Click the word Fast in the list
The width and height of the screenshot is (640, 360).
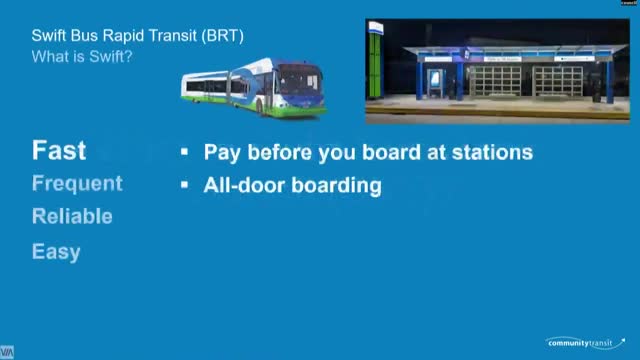tap(59, 151)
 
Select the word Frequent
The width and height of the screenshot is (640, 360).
tap(77, 184)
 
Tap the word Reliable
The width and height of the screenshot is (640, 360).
tap(72, 216)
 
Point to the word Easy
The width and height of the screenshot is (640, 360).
tap(56, 252)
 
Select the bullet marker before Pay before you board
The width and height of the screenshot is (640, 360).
tap(185, 153)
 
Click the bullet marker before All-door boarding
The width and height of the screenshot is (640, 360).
tap(185, 185)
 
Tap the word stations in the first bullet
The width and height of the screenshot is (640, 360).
tap(488, 153)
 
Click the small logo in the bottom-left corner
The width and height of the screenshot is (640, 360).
tap(7, 353)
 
